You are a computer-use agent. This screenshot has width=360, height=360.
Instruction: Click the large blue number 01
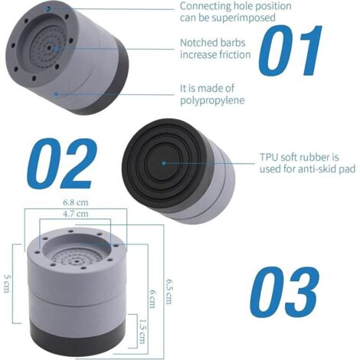[x=290, y=51]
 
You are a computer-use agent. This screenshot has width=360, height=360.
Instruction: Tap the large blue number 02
[x=62, y=163]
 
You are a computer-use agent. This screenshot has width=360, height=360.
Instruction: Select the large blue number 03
[x=284, y=292]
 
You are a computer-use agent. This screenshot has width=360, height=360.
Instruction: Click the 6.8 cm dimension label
[x=76, y=202]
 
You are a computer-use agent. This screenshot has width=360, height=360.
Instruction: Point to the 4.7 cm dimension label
[x=76, y=214]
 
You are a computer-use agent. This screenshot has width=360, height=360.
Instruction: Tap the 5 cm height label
[x=7, y=283]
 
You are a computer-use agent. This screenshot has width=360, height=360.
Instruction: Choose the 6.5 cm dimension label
[x=169, y=291]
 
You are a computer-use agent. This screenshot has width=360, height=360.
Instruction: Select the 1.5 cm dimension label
[x=142, y=331]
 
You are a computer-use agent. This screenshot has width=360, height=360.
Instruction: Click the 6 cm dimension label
[x=152, y=299]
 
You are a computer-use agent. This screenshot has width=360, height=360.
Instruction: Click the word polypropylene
[x=212, y=100]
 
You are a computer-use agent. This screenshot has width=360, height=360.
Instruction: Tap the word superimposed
[x=244, y=18]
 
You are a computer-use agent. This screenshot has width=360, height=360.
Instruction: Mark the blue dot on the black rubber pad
[x=164, y=163]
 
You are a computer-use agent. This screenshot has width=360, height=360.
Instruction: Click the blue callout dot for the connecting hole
[x=47, y=9]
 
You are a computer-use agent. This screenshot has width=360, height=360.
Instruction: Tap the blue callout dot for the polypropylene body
[x=57, y=94]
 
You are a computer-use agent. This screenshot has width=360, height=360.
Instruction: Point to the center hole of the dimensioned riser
[x=77, y=261]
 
